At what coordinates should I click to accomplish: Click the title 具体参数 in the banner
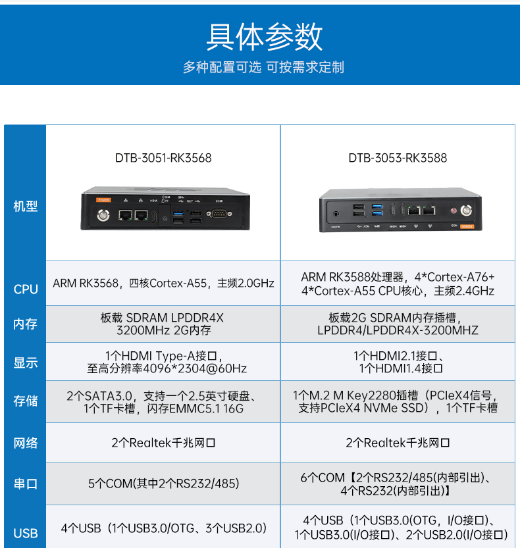pyautogui.click(x=264, y=37)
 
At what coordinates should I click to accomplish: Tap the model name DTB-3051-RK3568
pyautogui.click(x=163, y=158)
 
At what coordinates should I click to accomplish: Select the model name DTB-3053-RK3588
pyautogui.click(x=398, y=158)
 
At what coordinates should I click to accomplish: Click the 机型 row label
pyautogui.click(x=25, y=207)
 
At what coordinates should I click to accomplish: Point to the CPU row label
pyautogui.click(x=25, y=289)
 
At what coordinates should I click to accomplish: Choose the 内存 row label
pyautogui.click(x=25, y=324)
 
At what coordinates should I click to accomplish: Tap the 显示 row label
pyautogui.click(x=25, y=362)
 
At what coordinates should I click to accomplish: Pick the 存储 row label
pyautogui.click(x=25, y=401)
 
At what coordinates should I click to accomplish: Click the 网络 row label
pyautogui.click(x=25, y=443)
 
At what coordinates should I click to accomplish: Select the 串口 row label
pyautogui.click(x=25, y=484)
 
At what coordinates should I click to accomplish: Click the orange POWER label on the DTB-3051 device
pyautogui.click(x=103, y=199)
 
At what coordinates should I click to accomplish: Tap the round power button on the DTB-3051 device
pyautogui.click(x=103, y=214)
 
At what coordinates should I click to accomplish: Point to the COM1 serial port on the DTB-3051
pyautogui.click(x=219, y=213)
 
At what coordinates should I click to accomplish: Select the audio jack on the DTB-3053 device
pyautogui.click(x=337, y=212)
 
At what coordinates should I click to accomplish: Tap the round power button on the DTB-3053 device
pyautogui.click(x=467, y=211)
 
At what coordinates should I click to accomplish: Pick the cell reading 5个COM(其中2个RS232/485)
pyautogui.click(x=163, y=484)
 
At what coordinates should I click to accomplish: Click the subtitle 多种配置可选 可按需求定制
pyautogui.click(x=264, y=67)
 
